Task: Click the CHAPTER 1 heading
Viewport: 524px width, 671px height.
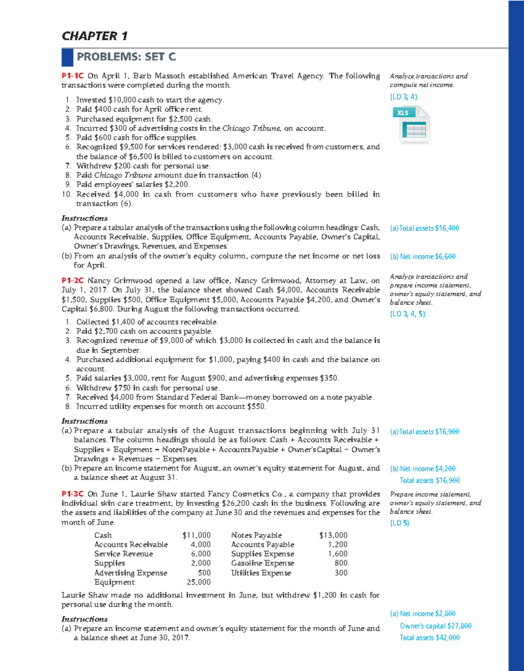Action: tap(94, 36)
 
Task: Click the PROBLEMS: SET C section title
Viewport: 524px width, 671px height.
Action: tap(126, 57)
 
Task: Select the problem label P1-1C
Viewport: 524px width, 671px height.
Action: tap(72, 76)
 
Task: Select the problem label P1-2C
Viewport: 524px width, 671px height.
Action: tap(72, 280)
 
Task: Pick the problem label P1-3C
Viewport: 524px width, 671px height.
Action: tap(72, 494)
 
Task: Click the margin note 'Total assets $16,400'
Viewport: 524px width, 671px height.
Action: tap(424, 228)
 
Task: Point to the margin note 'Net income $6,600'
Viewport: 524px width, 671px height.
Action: tap(423, 256)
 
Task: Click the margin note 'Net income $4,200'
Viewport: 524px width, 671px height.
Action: tap(423, 469)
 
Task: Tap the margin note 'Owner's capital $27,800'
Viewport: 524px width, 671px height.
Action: tap(435, 626)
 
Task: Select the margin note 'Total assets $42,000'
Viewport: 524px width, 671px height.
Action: tap(430, 638)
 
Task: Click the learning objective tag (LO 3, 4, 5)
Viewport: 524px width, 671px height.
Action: tap(407, 314)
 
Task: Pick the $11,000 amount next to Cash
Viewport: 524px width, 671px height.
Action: tap(196, 535)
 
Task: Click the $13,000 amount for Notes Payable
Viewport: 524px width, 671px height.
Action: tap(333, 535)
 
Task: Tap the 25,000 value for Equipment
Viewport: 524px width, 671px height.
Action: tap(199, 582)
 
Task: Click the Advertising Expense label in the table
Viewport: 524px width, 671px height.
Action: tap(131, 573)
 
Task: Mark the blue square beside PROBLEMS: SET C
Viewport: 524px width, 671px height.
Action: tap(67, 57)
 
